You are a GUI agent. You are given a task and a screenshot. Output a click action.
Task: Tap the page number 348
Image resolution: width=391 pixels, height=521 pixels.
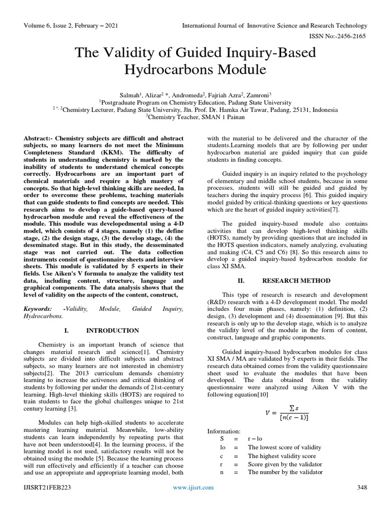(362, 487)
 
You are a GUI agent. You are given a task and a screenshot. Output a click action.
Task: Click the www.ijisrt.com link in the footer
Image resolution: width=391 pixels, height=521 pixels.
(194, 487)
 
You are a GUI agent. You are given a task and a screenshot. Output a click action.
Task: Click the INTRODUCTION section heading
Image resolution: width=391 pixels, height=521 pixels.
(113, 330)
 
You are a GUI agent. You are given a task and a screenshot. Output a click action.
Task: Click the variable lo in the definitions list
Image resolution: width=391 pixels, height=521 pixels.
(211, 448)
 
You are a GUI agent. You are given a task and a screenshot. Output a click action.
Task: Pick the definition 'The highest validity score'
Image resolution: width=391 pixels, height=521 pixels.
(282, 456)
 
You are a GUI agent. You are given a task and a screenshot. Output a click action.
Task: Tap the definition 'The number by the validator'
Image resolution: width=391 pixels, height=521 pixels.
(285, 472)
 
